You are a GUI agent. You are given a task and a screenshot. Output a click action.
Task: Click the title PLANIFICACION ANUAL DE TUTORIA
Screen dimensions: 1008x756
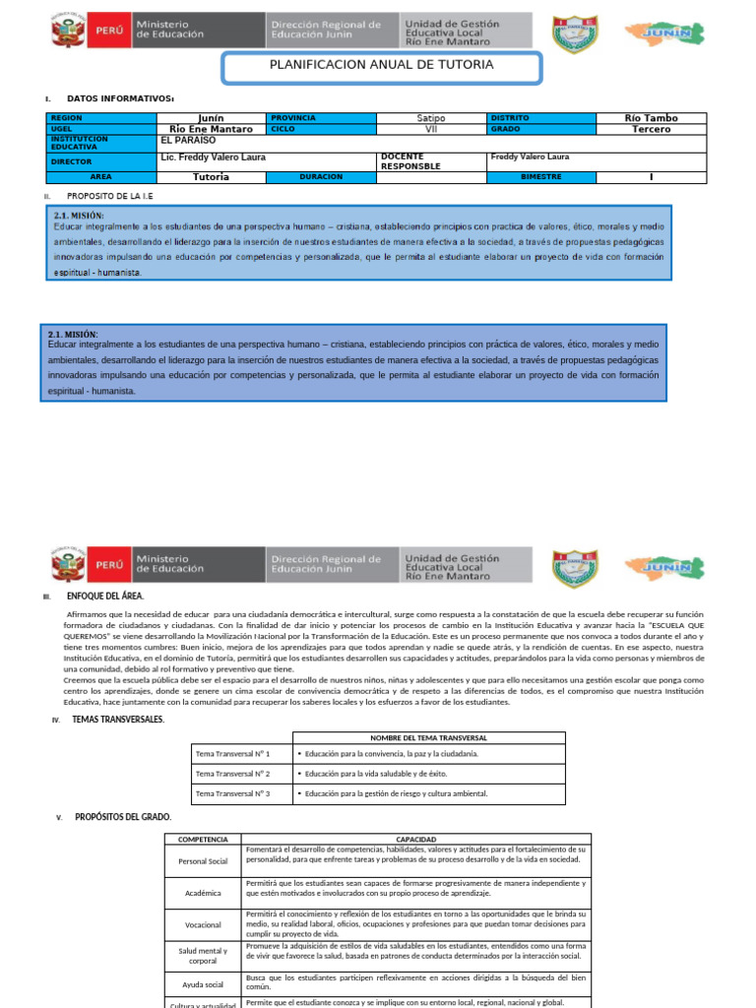tap(381, 65)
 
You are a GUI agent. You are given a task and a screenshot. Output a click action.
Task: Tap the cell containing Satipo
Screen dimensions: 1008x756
tap(431, 118)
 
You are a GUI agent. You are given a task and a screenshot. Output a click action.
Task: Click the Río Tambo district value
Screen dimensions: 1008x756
tap(651, 118)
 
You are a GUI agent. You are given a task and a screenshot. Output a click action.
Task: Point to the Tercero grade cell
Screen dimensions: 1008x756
tap(651, 129)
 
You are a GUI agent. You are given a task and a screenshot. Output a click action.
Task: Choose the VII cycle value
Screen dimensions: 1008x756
tap(431, 129)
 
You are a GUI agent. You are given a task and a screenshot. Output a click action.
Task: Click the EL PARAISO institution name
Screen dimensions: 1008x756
tap(188, 141)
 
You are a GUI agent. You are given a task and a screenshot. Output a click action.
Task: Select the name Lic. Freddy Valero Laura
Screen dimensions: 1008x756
tap(213, 157)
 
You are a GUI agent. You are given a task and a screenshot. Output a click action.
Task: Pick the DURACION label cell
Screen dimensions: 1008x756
tap(321, 177)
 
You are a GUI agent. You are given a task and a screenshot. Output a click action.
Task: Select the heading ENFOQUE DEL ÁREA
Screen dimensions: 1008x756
tap(107, 597)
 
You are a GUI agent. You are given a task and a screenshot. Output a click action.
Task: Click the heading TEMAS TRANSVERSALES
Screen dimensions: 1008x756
tap(118, 720)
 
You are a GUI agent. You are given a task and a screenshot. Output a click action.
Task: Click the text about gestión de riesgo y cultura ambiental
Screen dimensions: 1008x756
tap(396, 793)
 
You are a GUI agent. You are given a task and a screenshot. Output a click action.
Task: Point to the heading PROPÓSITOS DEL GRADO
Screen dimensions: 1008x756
tap(124, 817)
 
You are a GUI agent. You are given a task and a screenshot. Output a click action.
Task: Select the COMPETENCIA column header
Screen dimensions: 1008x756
tap(203, 839)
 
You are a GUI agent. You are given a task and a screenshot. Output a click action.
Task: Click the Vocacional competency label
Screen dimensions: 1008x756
tap(203, 925)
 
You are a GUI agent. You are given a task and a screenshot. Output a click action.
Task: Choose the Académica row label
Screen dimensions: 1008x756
tap(203, 893)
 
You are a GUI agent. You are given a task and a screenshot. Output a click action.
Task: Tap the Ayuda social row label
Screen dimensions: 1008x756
tap(203, 984)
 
